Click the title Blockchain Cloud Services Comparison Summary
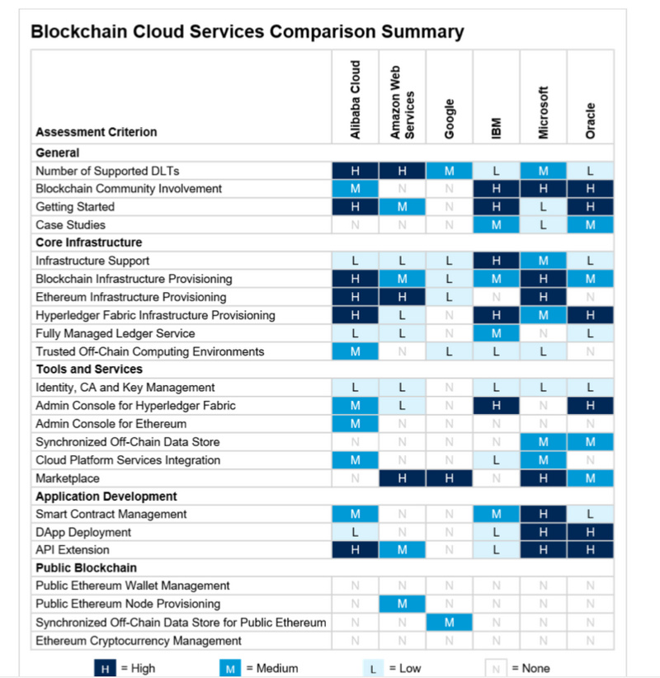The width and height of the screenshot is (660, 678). coord(247,32)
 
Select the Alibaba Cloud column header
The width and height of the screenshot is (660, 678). coord(356,98)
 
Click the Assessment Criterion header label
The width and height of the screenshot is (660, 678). coord(96,132)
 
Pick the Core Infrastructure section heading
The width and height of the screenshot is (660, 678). coord(88,242)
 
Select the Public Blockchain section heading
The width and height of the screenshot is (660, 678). coord(86,567)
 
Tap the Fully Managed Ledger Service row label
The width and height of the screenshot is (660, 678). coord(115,333)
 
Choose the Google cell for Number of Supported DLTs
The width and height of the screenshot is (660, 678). coord(449,171)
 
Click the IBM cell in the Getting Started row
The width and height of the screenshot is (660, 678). coord(496,207)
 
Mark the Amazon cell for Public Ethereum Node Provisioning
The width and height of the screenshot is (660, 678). coord(402,604)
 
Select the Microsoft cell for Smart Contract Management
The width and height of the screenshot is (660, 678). coord(543,514)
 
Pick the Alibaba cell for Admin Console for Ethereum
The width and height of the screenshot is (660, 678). coord(355,424)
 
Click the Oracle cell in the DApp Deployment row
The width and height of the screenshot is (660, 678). coord(590,532)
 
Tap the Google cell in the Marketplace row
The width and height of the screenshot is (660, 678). coord(449,478)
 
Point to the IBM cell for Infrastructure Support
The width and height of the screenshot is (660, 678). coord(496,261)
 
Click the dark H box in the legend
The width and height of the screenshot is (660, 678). coord(105,668)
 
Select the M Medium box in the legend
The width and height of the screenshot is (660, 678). coord(231,668)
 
